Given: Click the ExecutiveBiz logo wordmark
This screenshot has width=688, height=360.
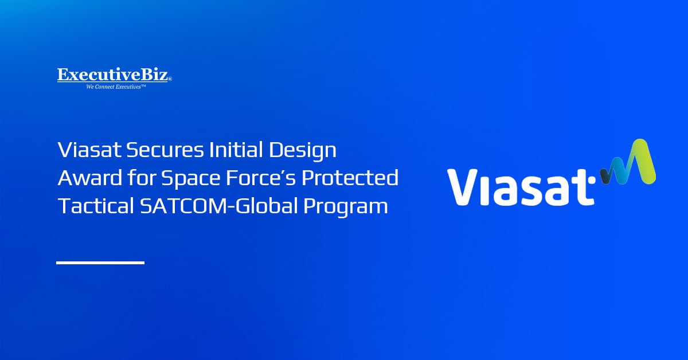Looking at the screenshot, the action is point(113,75).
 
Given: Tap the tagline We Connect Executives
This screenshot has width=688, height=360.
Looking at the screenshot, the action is point(116,87).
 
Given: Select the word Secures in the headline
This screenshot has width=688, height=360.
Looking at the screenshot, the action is point(165,150).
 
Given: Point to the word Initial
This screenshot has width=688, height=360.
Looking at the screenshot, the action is point(236,150).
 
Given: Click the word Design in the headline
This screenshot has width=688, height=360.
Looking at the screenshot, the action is point(303,151).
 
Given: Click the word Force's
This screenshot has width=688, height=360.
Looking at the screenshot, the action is point(261,178).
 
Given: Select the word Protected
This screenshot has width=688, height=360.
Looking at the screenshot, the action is point(350,178).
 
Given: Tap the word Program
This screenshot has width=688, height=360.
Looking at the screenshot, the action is point(346,207).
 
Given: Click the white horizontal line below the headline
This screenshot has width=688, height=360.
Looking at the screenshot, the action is point(100,263).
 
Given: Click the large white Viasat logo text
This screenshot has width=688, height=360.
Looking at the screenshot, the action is point(521,187).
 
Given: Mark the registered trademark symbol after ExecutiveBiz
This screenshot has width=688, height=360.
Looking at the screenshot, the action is point(170,79).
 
